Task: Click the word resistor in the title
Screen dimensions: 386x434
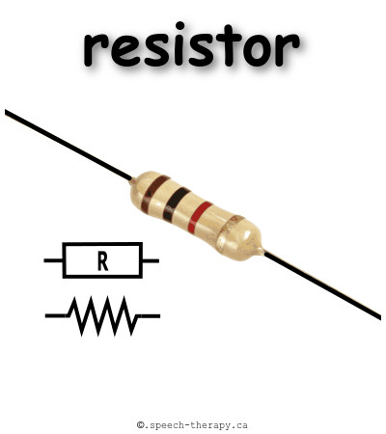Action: click(192, 44)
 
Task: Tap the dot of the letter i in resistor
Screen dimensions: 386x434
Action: click(180, 25)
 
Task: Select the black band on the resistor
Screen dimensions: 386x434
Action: click(177, 204)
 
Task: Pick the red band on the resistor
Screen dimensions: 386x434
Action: click(200, 217)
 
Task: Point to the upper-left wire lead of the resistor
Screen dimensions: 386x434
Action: click(69, 145)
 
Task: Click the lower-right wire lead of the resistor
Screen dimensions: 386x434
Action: click(322, 285)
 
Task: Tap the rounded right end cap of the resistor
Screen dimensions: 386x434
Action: click(239, 238)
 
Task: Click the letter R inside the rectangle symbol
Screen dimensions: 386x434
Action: click(102, 261)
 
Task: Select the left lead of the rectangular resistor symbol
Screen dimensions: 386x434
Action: click(53, 260)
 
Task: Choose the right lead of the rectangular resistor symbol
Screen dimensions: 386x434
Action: click(151, 260)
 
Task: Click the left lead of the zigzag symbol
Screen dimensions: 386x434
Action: click(57, 316)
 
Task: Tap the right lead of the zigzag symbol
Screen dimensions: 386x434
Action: click(149, 316)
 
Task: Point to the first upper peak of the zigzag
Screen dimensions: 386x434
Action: click(74, 298)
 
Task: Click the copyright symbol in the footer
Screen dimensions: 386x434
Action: click(141, 425)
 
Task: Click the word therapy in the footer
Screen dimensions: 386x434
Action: click(210, 425)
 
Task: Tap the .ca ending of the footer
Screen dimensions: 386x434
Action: click(239, 426)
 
